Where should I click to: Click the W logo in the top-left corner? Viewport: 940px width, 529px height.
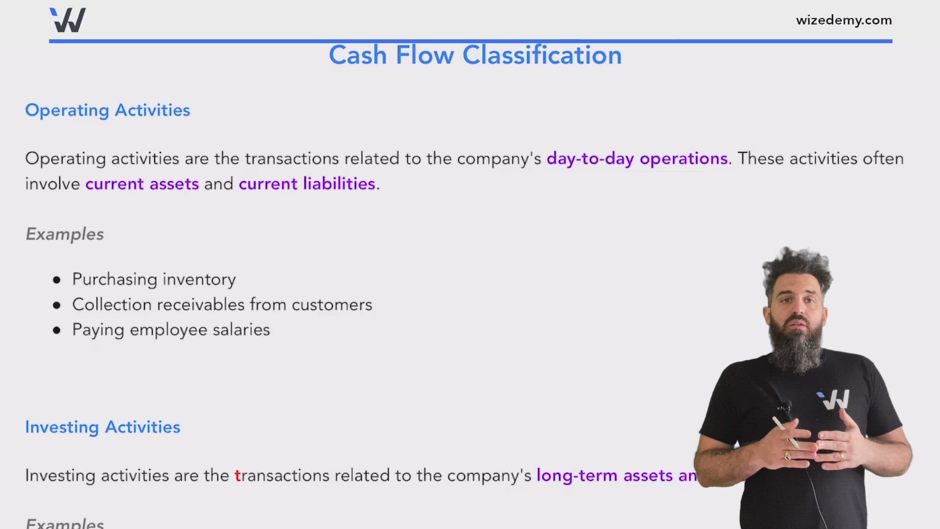pos(68,21)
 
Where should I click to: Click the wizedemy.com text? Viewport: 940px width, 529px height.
pos(844,21)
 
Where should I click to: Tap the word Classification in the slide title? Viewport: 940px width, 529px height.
pos(542,55)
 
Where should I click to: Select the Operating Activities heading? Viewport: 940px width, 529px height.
pos(107,110)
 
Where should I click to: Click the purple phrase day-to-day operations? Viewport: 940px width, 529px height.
pos(637,159)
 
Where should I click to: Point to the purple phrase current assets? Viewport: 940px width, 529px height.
pos(142,184)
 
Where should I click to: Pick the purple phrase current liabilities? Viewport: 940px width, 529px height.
pos(307,184)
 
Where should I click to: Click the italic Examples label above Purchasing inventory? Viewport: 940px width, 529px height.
pos(65,234)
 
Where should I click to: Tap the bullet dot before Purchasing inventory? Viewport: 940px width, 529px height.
pos(57,280)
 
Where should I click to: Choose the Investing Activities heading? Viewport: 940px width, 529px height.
pos(102,427)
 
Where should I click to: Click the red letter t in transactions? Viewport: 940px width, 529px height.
pos(238,476)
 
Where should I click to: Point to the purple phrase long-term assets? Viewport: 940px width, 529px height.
pos(604,476)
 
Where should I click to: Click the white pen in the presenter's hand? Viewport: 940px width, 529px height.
pos(785,431)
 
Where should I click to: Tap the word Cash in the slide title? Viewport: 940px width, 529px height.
pos(357,55)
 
